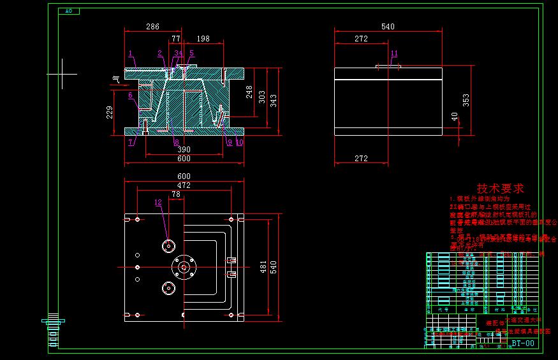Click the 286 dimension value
tap(152, 27)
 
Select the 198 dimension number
tap(203, 39)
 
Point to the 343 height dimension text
tap(274, 101)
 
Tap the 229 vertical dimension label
tap(110, 112)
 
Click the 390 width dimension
tap(184, 150)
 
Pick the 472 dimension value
tap(184, 187)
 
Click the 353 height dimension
tap(466, 101)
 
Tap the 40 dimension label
tap(455, 117)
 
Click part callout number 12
tap(158, 203)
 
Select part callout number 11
tap(394, 53)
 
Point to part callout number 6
tap(130, 96)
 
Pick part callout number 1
tap(130, 53)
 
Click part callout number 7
tap(131, 142)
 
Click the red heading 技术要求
tap(501, 189)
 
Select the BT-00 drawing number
tap(523, 343)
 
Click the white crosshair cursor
tap(62, 74)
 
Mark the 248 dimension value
tap(249, 92)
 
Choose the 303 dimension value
tap(262, 97)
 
